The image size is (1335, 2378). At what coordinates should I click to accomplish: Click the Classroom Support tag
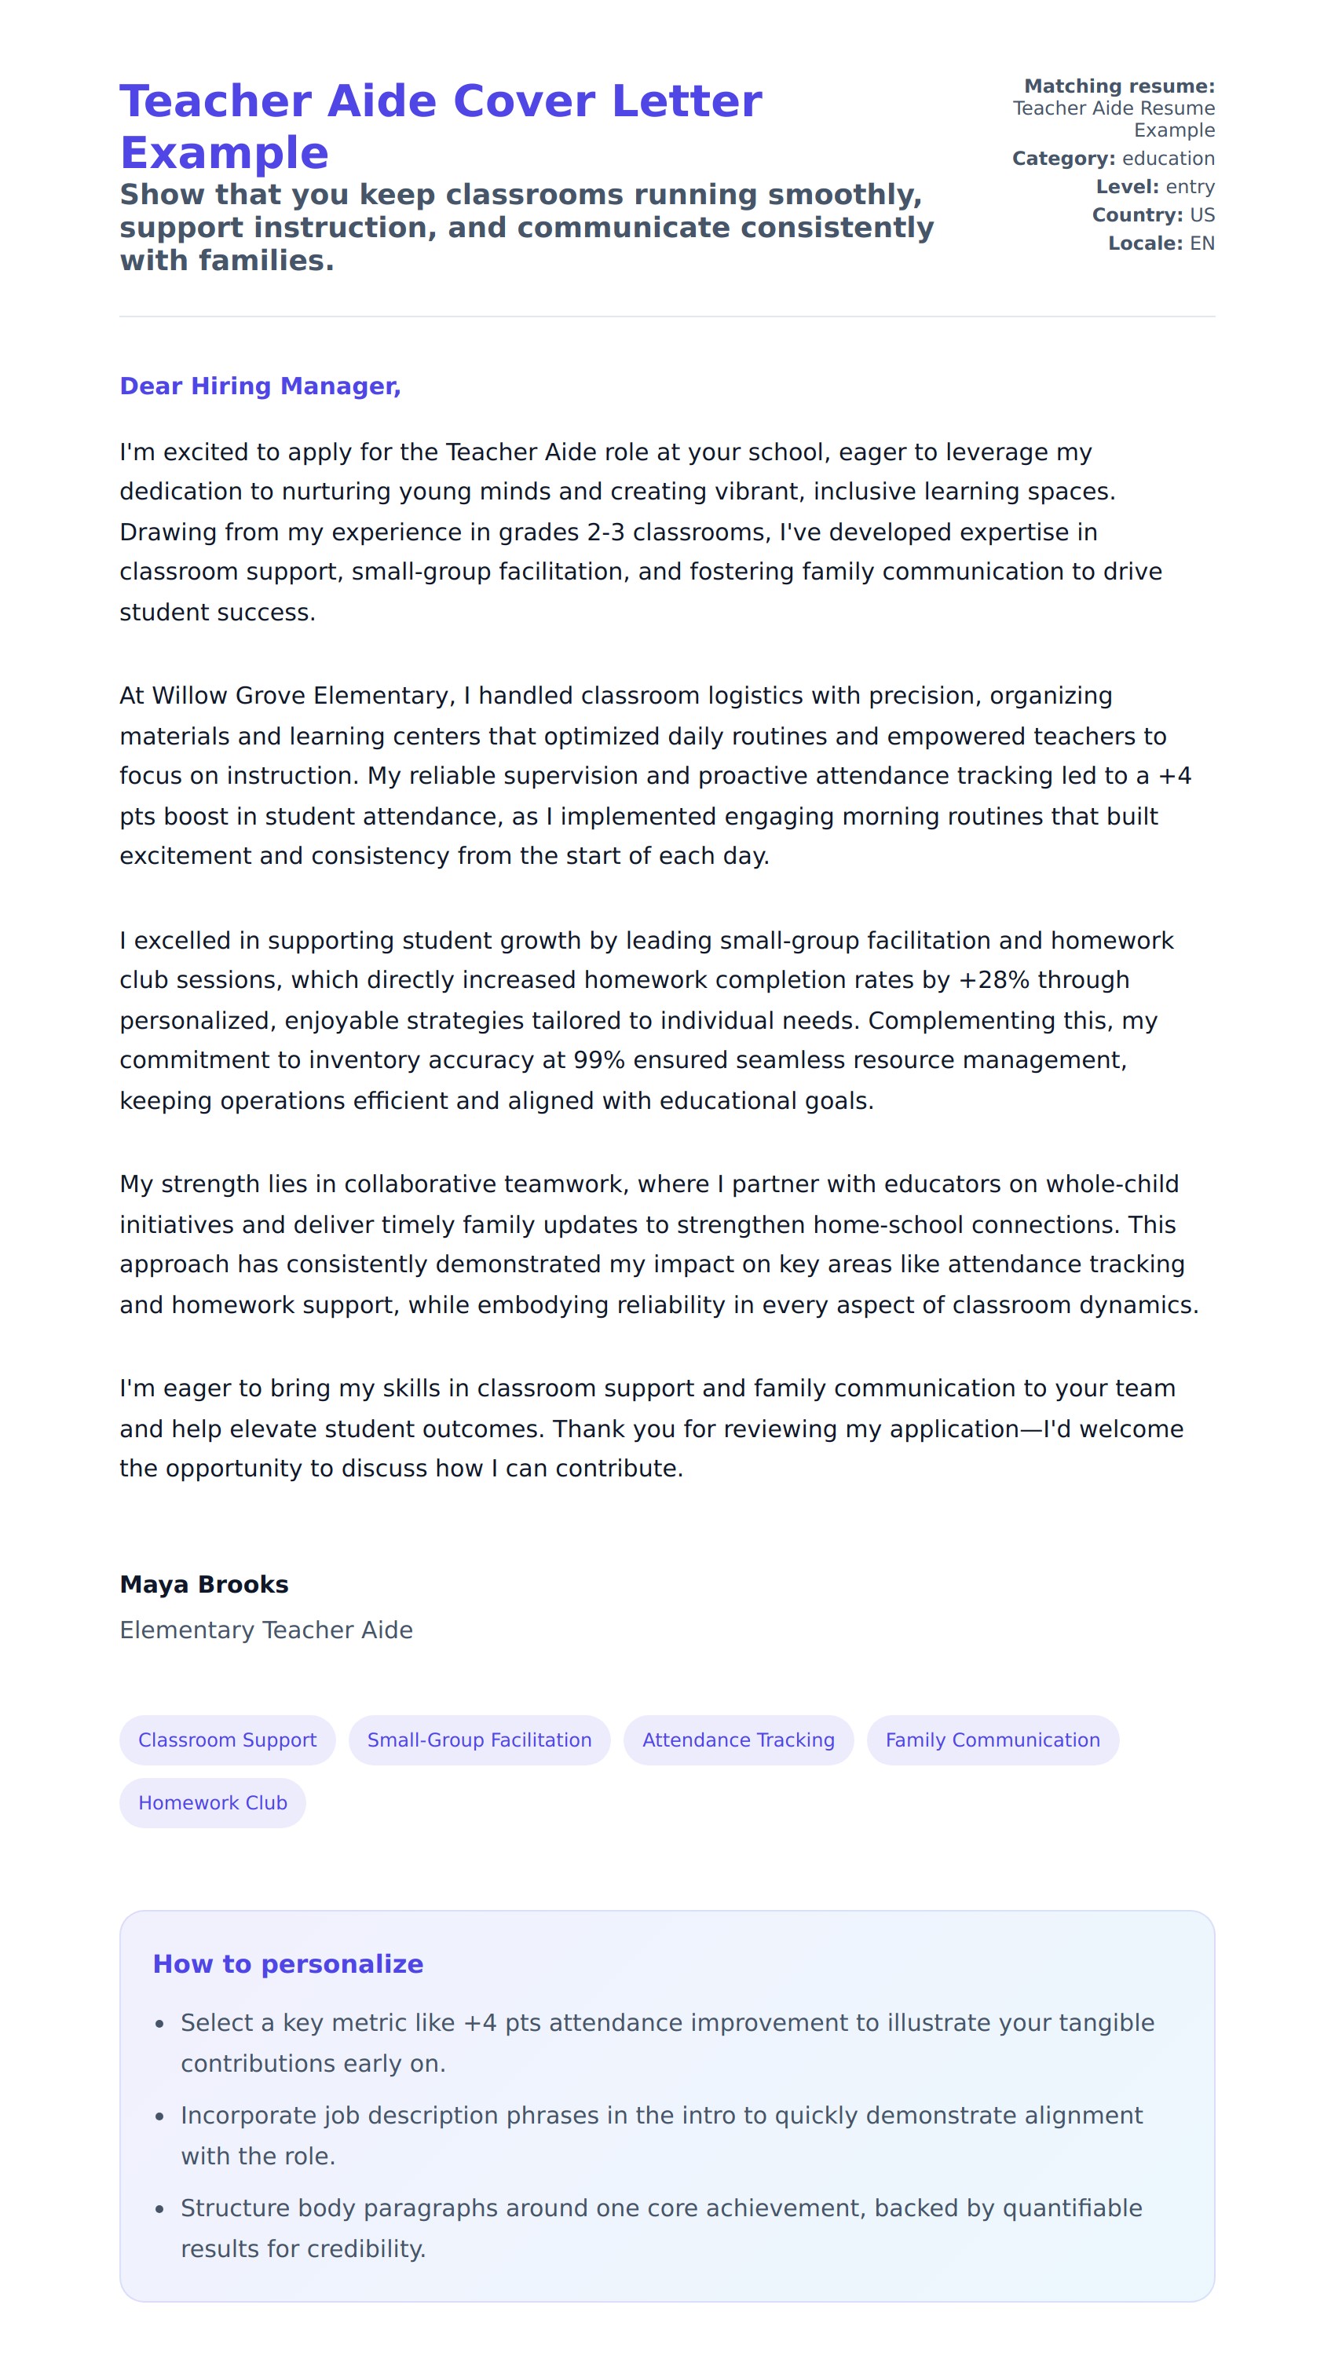[227, 1740]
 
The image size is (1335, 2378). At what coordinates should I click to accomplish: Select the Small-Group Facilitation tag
[479, 1740]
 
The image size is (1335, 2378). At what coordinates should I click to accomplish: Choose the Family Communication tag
[993, 1740]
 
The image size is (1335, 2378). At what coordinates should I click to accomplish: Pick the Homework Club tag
[212, 1803]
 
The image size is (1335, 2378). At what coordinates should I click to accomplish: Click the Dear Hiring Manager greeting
[259, 386]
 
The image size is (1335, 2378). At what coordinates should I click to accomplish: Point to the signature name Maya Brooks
[204, 1585]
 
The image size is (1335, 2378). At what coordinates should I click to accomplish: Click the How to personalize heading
[287, 1964]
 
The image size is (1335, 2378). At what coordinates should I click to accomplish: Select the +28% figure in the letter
[993, 980]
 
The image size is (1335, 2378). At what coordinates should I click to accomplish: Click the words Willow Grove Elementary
[300, 696]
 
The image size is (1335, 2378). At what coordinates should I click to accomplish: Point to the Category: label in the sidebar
[1063, 159]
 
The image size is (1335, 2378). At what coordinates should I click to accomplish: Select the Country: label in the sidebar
[1136, 215]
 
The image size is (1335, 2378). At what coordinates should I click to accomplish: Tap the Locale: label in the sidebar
[1145, 243]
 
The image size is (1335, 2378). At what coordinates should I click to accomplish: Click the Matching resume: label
[1119, 86]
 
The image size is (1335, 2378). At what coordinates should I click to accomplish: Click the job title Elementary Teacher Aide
[266, 1630]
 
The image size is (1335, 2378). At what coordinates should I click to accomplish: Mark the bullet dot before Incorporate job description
[159, 2116]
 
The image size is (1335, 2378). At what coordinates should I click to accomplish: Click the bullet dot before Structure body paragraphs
[159, 2209]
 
